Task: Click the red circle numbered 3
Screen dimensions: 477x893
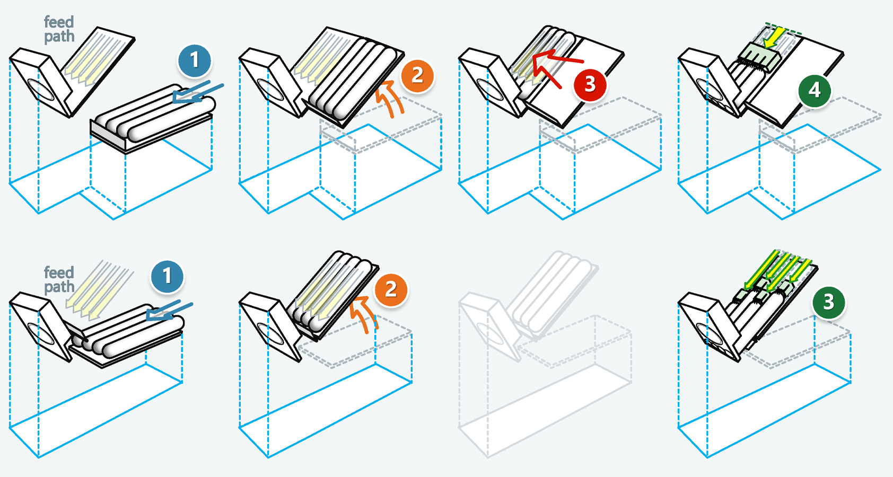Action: (590, 84)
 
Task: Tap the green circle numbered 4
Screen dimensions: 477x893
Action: (815, 90)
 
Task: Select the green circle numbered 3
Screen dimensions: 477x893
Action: (828, 302)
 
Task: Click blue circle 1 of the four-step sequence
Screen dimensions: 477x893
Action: (195, 60)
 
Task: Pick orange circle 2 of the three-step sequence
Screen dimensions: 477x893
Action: (391, 289)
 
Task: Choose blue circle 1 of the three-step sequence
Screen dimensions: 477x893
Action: (167, 276)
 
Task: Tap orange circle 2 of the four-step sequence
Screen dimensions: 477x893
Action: (417, 75)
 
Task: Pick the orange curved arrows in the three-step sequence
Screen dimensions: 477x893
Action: (364, 315)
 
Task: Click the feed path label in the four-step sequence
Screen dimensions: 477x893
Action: (59, 29)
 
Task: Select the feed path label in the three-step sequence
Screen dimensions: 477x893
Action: (59, 280)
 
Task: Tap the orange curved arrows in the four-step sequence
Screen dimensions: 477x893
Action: (390, 99)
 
